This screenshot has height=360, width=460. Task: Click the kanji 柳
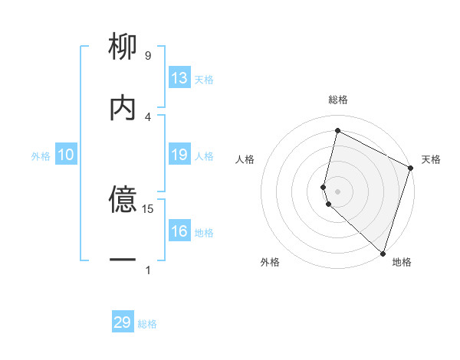(123, 47)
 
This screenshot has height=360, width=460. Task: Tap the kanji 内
(123, 107)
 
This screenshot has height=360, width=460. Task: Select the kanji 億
(123, 201)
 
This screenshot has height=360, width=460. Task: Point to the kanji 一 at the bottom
(123, 260)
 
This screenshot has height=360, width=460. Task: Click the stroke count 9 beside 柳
(148, 56)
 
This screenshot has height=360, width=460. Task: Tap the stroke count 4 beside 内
(148, 116)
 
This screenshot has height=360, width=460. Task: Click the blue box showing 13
(179, 78)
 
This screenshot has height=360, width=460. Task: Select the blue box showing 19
(179, 155)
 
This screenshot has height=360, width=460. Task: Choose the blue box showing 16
(179, 231)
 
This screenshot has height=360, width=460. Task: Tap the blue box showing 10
(66, 155)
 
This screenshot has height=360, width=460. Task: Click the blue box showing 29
(123, 322)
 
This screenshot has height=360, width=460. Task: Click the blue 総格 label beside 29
(147, 324)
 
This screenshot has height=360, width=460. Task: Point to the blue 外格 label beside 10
(41, 156)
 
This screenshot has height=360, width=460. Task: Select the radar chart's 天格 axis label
(431, 159)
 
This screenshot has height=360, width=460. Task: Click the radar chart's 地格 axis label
(402, 262)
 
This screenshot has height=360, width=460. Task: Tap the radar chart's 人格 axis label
(245, 159)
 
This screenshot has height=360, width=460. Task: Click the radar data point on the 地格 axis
(383, 253)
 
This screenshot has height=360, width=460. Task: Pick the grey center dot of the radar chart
(337, 191)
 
